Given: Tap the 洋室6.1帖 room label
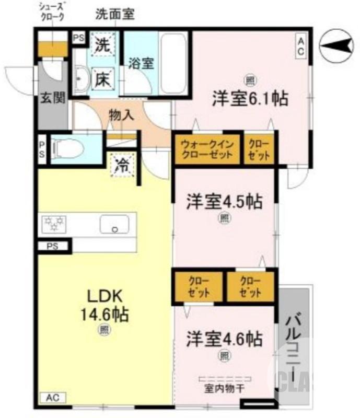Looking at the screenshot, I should (x=249, y=98).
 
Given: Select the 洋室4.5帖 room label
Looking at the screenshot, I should (x=224, y=201).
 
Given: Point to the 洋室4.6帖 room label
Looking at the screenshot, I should (x=224, y=339).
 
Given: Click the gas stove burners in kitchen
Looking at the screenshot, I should (x=54, y=224).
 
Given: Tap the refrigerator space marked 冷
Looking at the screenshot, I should (x=122, y=166).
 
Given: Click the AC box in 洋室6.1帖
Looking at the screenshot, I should (x=301, y=45).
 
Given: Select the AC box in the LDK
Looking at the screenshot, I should (x=52, y=399).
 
